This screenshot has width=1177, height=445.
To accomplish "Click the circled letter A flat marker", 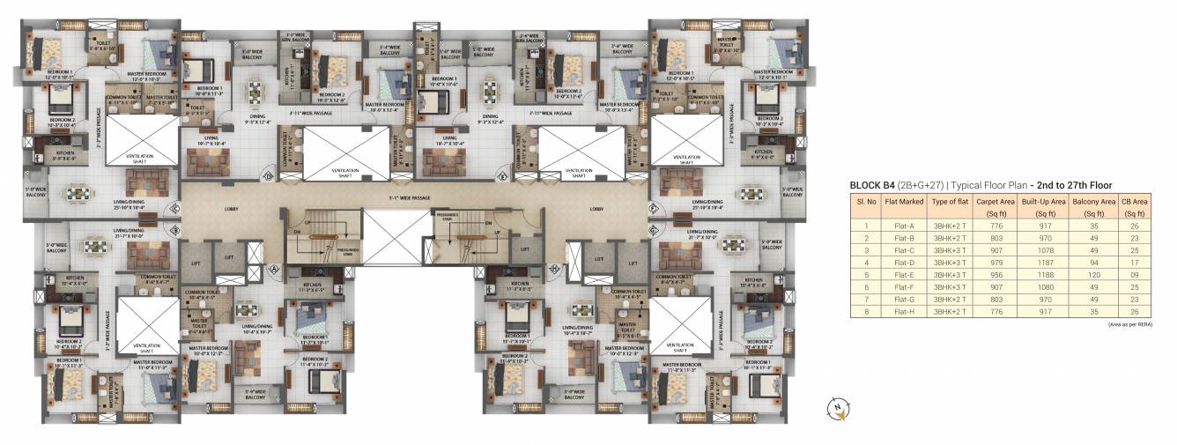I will tap(273, 268).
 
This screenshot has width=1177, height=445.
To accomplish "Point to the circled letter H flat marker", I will tap(555, 268).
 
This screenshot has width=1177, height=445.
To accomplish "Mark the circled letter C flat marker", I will tap(175, 209).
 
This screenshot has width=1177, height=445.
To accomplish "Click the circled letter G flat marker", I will tap(654, 231).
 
